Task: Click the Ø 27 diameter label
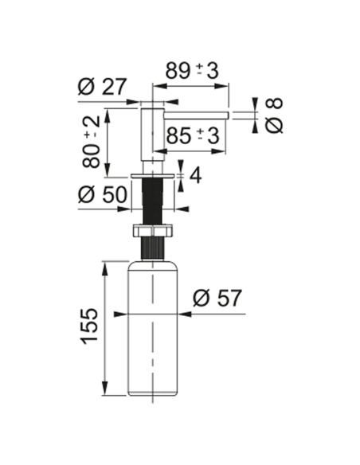click(102, 87)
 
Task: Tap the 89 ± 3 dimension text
click(192, 71)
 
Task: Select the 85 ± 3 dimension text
click(193, 135)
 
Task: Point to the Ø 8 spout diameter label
click(274, 115)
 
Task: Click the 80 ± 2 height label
click(92, 142)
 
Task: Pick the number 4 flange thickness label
click(195, 175)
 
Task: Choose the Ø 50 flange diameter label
click(103, 195)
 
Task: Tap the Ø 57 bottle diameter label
click(217, 298)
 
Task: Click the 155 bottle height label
click(89, 326)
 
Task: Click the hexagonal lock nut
click(152, 231)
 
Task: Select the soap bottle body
click(152, 328)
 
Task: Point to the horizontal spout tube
click(196, 115)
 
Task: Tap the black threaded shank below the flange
click(152, 201)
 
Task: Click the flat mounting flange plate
click(152, 177)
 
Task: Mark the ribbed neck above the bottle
click(152, 248)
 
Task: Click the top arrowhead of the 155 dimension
click(104, 268)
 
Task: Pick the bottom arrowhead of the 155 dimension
click(104, 389)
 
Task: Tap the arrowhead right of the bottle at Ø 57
click(185, 314)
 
